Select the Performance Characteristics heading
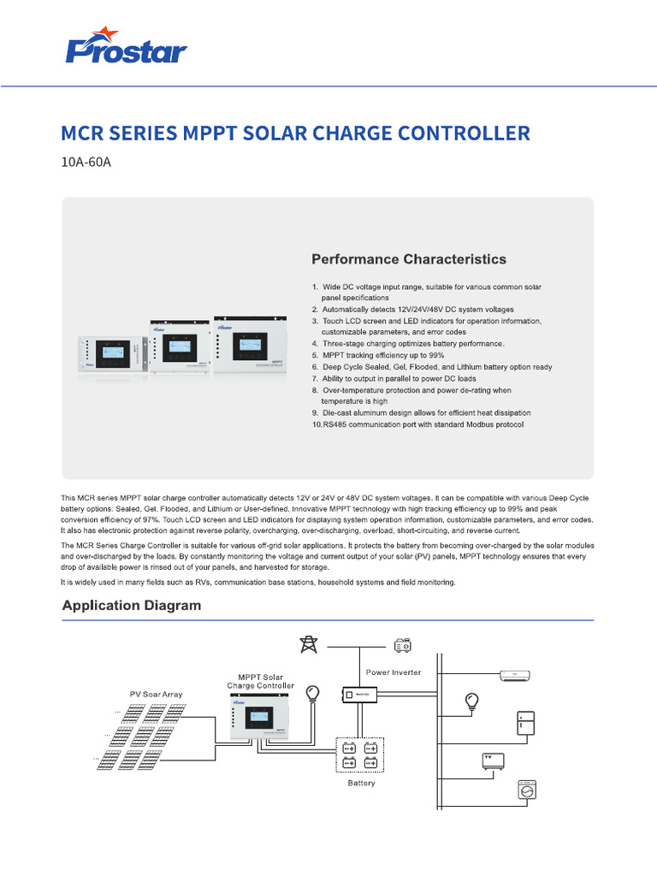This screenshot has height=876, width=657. (x=408, y=259)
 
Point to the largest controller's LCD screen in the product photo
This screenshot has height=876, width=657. (x=249, y=342)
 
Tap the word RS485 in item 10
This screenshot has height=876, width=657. (x=338, y=424)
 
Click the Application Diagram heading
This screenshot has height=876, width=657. (x=132, y=606)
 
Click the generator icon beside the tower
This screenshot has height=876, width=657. (x=402, y=644)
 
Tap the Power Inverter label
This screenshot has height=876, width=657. (x=394, y=672)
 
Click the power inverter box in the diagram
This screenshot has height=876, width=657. (x=361, y=695)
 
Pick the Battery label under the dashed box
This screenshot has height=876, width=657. (x=360, y=783)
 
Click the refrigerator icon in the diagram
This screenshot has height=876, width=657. (x=524, y=724)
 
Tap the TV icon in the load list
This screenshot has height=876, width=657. (x=494, y=761)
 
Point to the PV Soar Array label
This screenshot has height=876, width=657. (x=156, y=694)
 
